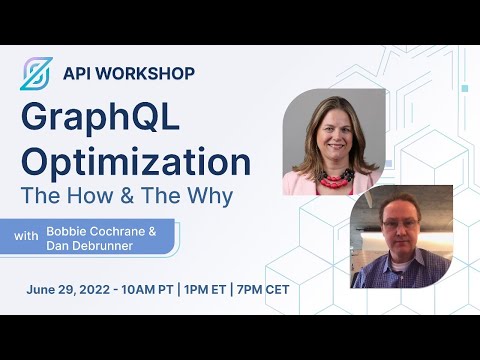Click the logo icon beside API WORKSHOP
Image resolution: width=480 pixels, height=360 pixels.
(x=35, y=74)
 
